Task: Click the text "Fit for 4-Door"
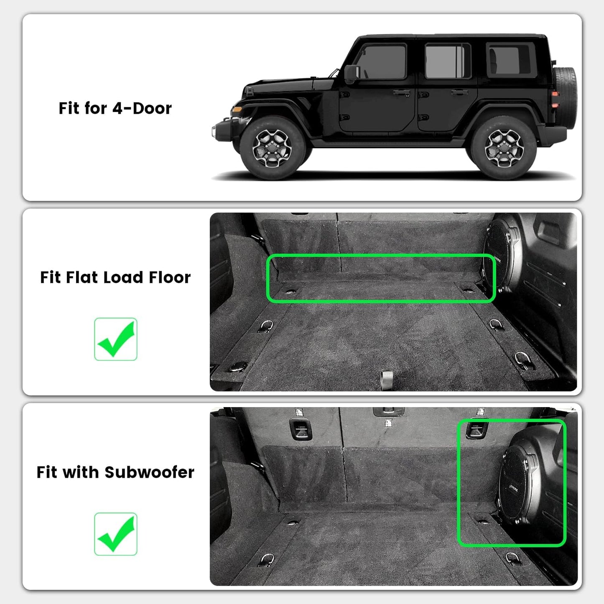click(x=115, y=108)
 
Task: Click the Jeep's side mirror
click(x=351, y=73)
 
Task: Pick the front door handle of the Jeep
click(x=401, y=92)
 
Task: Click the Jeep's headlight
click(x=237, y=110)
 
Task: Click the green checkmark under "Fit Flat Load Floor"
click(x=116, y=339)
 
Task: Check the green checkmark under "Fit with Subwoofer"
click(x=116, y=534)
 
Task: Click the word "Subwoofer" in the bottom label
click(x=149, y=472)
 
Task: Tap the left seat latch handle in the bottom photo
click(x=300, y=429)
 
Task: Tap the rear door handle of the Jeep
click(x=459, y=92)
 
